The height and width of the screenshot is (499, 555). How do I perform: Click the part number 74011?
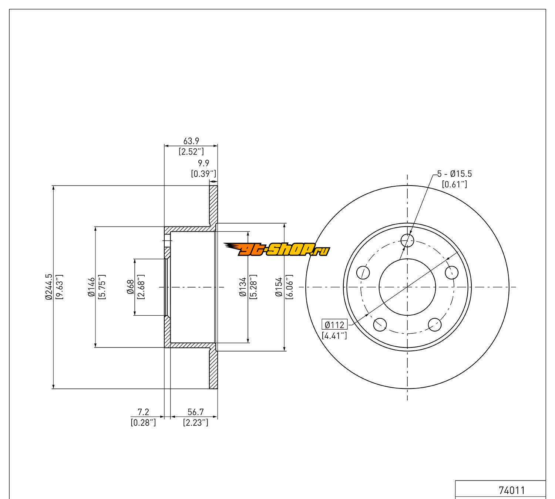click(x=512, y=490)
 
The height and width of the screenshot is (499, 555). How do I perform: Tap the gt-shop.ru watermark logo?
click(x=277, y=249)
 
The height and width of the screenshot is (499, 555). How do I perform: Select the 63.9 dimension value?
click(x=191, y=141)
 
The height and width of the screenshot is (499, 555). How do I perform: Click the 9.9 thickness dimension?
click(x=203, y=163)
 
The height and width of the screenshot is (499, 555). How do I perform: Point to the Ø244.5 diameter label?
click(x=49, y=287)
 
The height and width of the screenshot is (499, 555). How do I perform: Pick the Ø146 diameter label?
click(x=91, y=287)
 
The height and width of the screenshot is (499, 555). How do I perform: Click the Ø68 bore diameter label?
click(x=130, y=287)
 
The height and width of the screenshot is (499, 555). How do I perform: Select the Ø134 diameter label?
click(x=243, y=287)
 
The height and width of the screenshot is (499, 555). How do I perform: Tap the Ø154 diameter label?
click(x=279, y=287)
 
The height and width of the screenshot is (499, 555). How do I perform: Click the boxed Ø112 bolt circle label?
click(x=334, y=325)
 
